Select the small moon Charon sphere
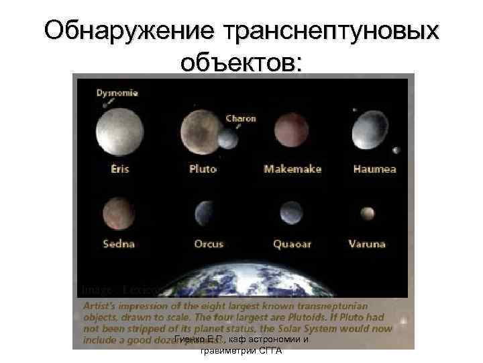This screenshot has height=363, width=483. pyautogui.click(x=228, y=138)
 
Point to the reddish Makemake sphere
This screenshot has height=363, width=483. pyautogui.click(x=291, y=130)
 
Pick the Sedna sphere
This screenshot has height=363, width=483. pyautogui.click(x=119, y=213)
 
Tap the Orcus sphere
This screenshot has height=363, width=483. pyautogui.click(x=203, y=214)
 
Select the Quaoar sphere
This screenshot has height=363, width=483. pyautogui.click(x=290, y=212)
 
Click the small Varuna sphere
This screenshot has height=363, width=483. pyautogui.click(x=367, y=214)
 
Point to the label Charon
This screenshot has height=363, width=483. pyautogui.click(x=241, y=118)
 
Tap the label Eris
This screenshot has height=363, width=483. pyautogui.click(x=120, y=169)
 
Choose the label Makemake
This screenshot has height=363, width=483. pyautogui.click(x=292, y=169)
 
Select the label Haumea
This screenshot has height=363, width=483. pyautogui.click(x=374, y=169)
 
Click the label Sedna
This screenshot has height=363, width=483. pyautogui.click(x=119, y=244)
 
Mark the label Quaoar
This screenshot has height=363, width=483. pyautogui.click(x=292, y=244)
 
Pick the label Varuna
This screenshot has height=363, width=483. pyautogui.click(x=367, y=244)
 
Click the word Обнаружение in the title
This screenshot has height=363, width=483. pyautogui.click(x=125, y=31)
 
